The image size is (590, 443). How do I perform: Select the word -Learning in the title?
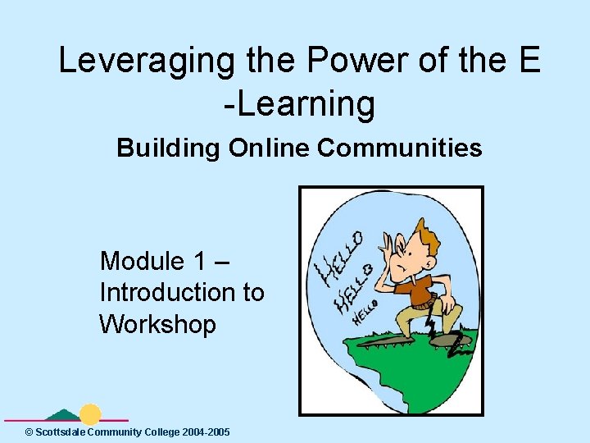(x=299, y=104)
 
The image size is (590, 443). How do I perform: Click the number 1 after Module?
(x=200, y=262)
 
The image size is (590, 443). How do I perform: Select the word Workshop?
(x=157, y=324)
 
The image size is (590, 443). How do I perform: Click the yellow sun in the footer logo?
(x=90, y=414)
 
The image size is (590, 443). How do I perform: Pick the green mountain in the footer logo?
(x=64, y=415)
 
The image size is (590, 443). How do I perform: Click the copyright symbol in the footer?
(x=29, y=432)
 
